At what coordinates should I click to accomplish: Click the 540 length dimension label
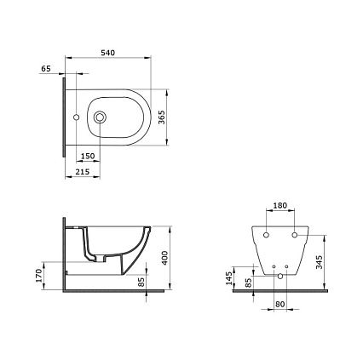[x=108, y=53]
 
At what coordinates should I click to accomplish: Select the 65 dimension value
[x=46, y=69]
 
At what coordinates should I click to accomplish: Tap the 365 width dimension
[x=161, y=117]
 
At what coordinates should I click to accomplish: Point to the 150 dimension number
[x=88, y=156]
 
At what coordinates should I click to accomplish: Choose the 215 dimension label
[x=83, y=172]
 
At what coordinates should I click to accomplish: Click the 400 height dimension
[x=164, y=258]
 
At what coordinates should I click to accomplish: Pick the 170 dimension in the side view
[x=39, y=276]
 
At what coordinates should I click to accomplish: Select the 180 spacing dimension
[x=280, y=205]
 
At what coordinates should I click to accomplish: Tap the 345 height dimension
[x=320, y=262]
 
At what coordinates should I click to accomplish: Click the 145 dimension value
[x=229, y=278]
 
